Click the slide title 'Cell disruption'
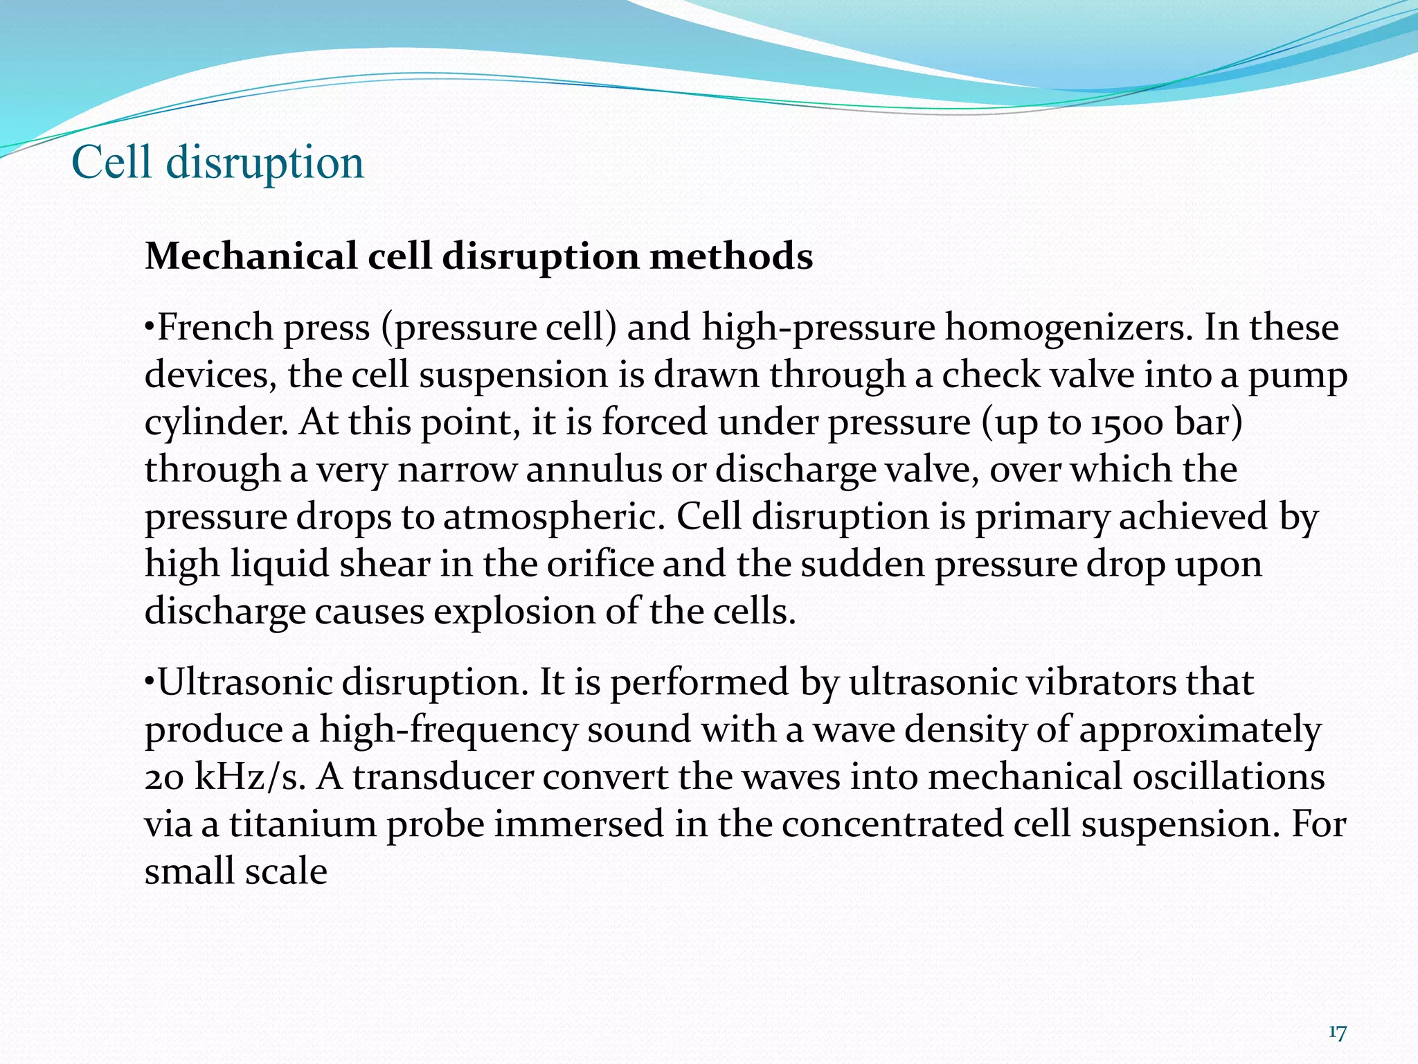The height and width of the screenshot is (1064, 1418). tap(217, 163)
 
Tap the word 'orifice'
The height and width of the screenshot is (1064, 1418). tap(600, 564)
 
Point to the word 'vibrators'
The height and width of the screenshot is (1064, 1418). tap(1100, 682)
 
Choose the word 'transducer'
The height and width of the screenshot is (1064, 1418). tap(442, 777)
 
